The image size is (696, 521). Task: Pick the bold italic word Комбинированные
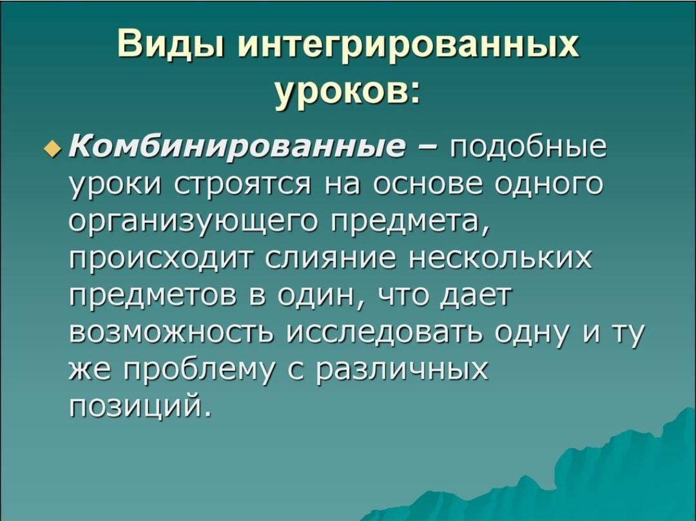pos(237,146)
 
